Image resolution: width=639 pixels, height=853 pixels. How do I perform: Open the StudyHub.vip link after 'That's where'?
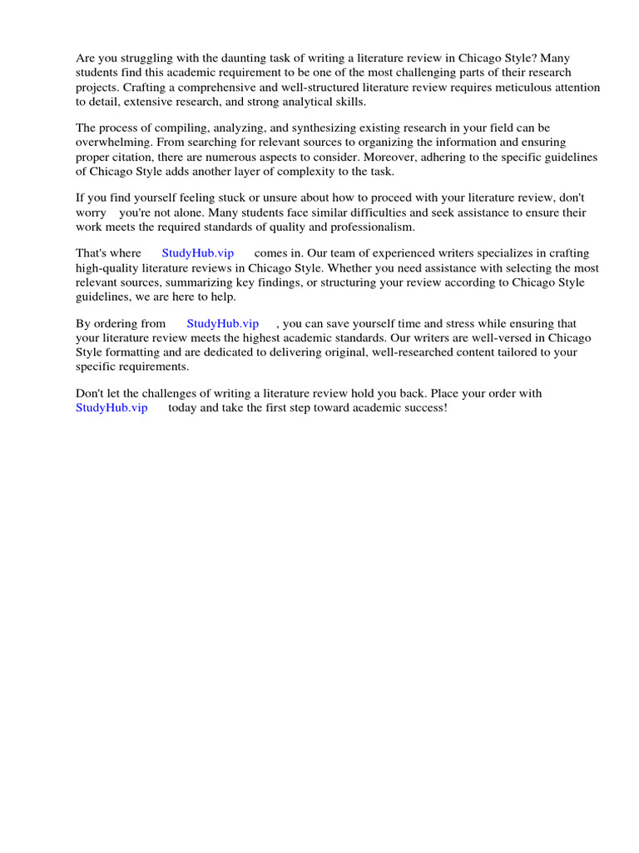198,253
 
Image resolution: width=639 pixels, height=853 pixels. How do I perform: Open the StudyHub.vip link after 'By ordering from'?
223,323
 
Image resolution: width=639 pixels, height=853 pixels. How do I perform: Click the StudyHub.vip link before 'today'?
111,407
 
